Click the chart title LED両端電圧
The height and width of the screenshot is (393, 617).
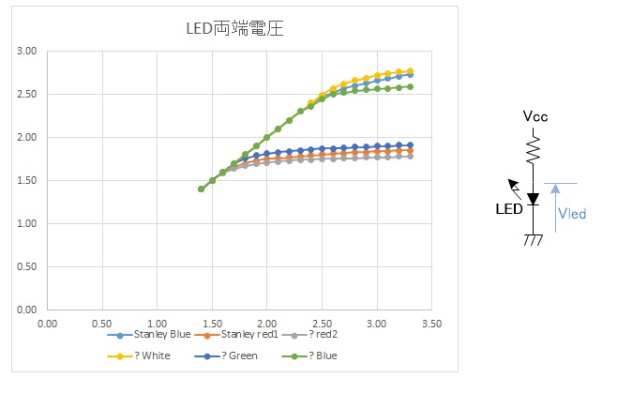234,28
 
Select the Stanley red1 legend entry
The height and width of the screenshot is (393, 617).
248,334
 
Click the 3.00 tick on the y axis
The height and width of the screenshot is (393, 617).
27,51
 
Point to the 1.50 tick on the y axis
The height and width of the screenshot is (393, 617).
27,180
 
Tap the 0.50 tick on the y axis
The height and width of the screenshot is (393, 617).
27,266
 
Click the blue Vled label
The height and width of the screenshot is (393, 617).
571,214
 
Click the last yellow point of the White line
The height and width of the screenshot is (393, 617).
410,70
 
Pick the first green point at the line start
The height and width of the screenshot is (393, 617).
201,189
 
